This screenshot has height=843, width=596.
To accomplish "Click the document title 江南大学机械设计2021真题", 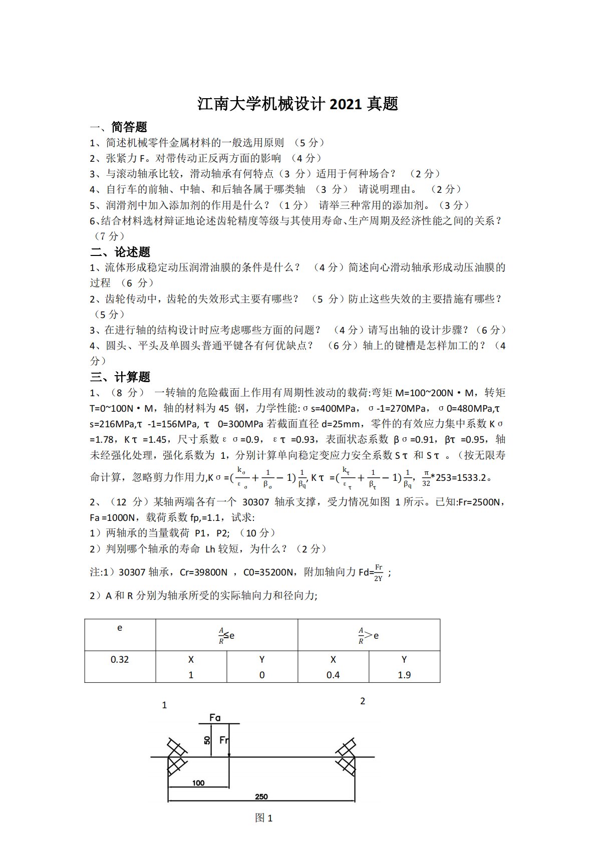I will coord(297,104).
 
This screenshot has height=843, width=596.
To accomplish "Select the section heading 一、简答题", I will coord(119,127).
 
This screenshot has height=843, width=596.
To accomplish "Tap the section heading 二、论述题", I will coord(120,251).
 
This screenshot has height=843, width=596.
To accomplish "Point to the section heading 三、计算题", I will coord(120,377).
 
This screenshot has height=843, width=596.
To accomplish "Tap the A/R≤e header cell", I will coord(226,635).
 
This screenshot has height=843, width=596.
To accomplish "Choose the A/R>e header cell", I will coord(369,635).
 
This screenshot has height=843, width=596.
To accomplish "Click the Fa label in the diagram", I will coord(215,717).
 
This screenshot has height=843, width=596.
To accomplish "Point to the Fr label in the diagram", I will coord(224,740).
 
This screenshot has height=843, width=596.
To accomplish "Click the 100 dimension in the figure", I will coord(198,783).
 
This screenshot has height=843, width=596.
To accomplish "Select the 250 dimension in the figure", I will coord(261,796).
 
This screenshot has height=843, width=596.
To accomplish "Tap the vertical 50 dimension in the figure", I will coord(207,740).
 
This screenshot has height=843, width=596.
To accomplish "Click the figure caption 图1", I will coord(264,818).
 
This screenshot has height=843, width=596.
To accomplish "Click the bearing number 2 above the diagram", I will coord(363,701).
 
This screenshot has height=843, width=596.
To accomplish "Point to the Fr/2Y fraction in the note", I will coord(378,572).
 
